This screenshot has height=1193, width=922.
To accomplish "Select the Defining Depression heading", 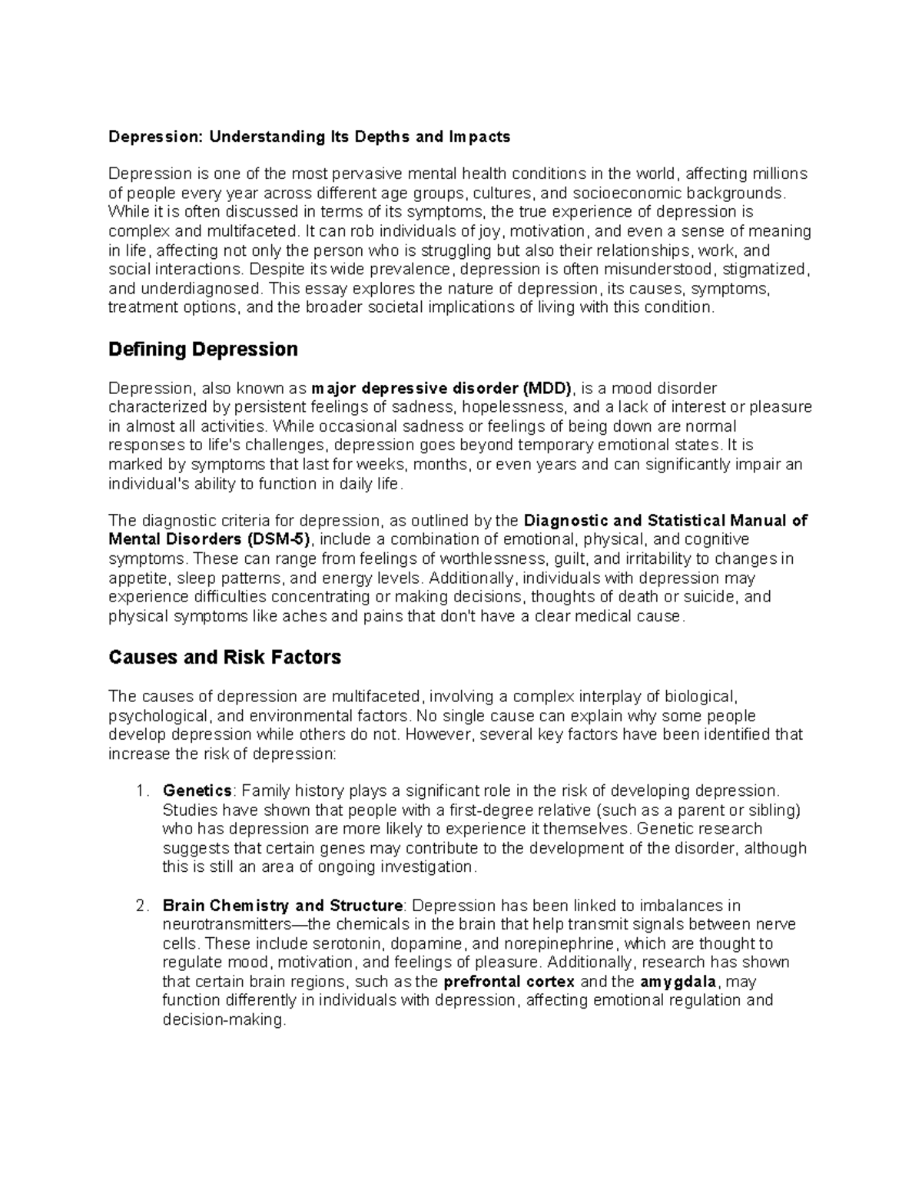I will coord(203,350).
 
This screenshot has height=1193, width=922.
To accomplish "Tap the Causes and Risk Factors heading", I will coord(224,658).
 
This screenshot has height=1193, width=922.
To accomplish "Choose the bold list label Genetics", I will coord(197,790).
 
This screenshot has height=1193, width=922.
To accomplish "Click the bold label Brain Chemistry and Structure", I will coord(283,905).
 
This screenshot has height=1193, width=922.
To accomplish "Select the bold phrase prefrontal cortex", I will coord(509,981).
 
